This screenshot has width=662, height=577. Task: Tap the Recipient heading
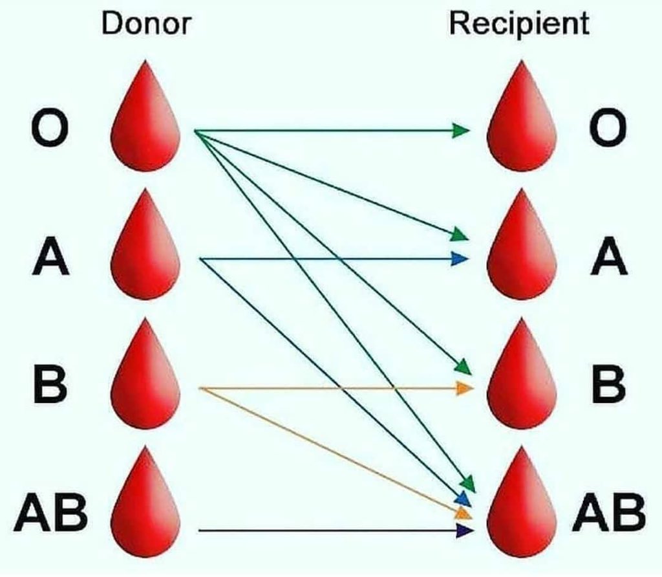[520, 24]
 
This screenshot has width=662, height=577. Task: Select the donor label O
[48, 129]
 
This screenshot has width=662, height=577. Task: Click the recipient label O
[608, 129]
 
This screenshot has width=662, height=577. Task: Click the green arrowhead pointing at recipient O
[461, 131]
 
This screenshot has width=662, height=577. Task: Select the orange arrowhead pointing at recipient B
[464, 389]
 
